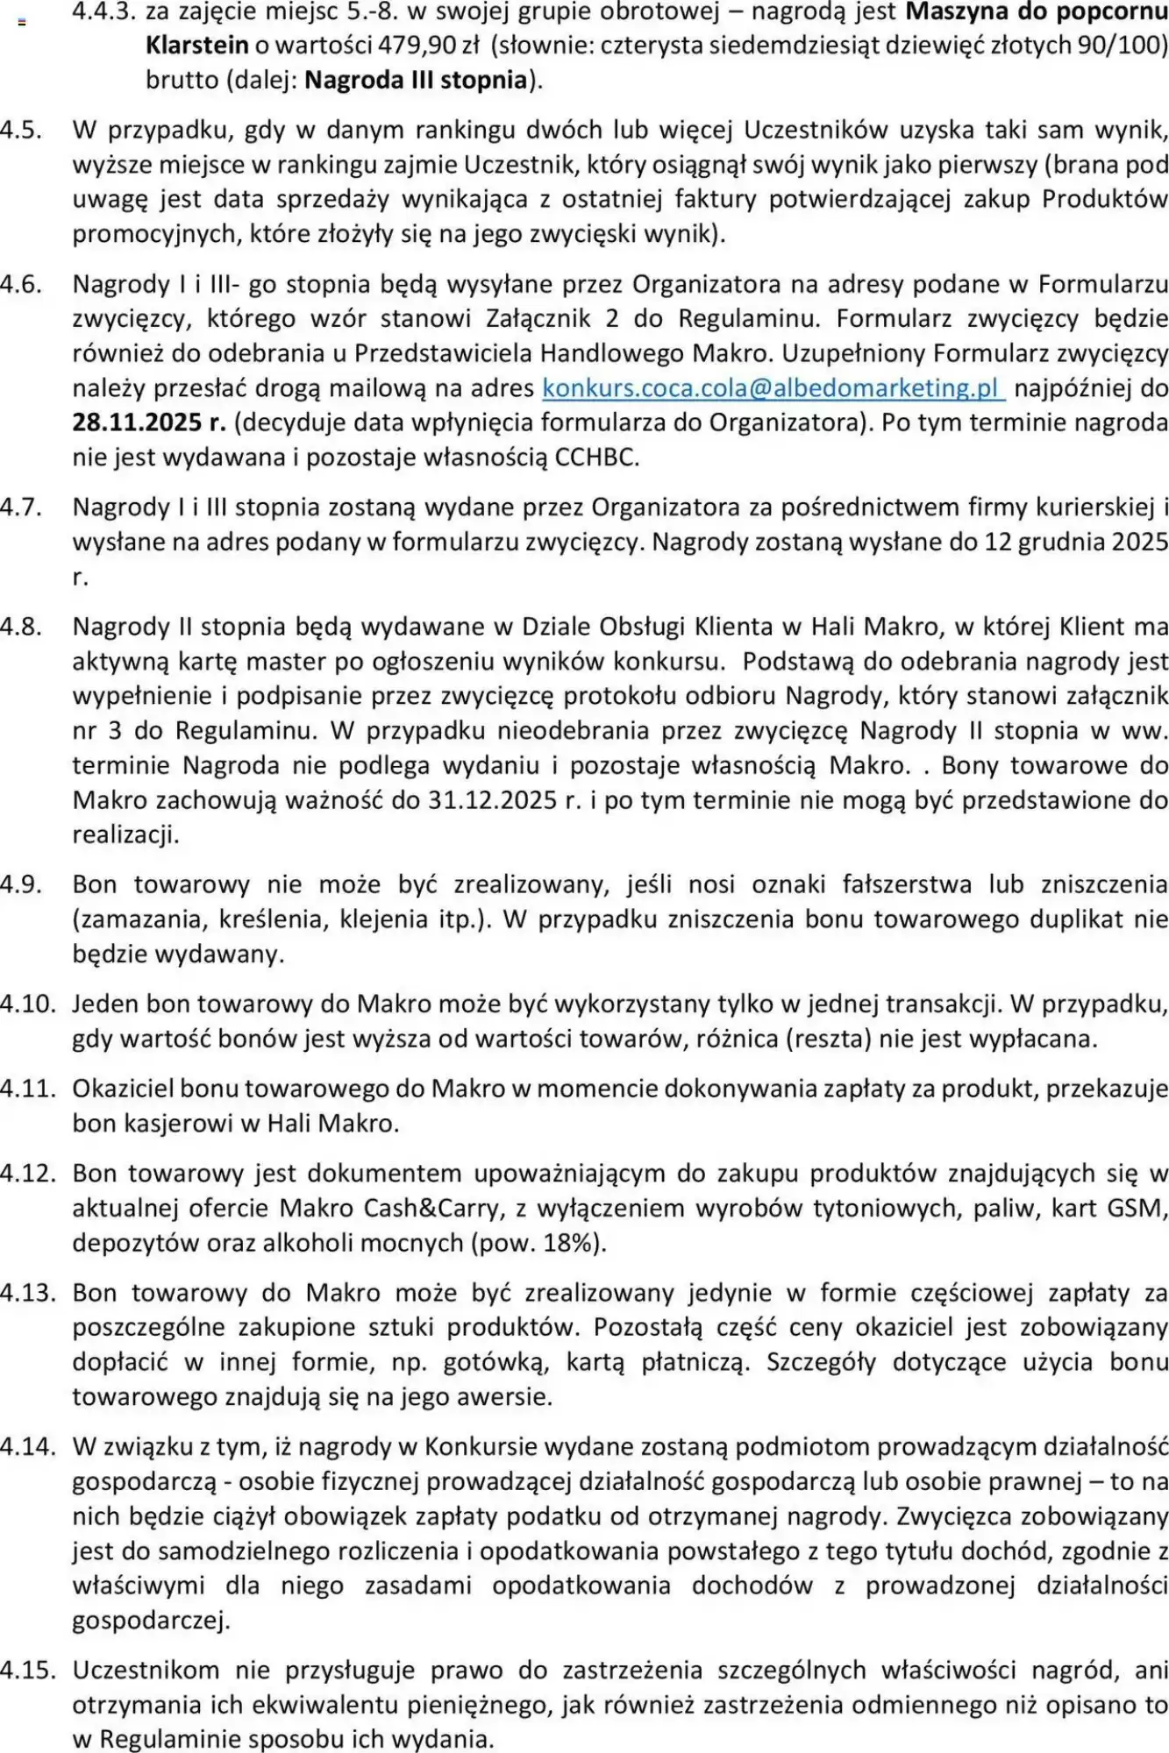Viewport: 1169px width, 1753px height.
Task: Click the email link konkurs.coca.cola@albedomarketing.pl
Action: pos(772,388)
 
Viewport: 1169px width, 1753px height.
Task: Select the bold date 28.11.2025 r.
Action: pos(149,422)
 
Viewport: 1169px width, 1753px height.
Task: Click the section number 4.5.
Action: pos(21,130)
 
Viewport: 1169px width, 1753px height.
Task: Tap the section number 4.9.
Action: pos(21,884)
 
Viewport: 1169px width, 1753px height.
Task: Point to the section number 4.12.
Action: pos(27,1174)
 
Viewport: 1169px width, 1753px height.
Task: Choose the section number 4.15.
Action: pos(27,1671)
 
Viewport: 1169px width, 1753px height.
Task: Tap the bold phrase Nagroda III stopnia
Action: pos(416,81)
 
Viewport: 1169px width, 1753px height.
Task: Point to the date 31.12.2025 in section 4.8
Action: pos(494,800)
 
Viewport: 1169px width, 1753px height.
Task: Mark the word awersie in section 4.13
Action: pos(503,1397)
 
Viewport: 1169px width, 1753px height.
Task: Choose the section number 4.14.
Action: pos(27,1447)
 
